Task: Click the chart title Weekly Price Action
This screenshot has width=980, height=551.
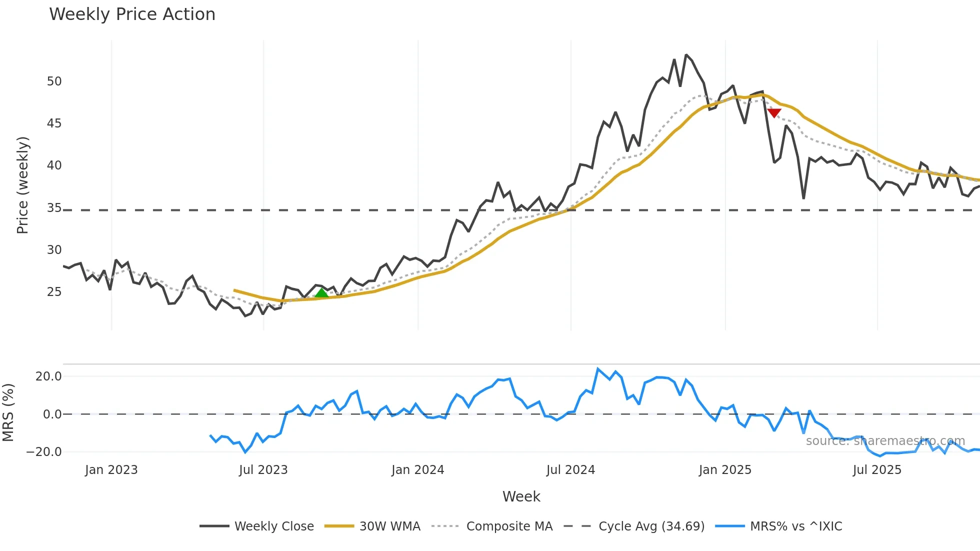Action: pos(132,14)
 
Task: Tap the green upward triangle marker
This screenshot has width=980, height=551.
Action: pos(321,293)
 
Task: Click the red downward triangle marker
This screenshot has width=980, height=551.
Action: pos(774,113)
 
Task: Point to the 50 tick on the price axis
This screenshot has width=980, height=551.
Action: pos(54,81)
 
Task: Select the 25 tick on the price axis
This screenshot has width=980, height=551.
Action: pos(54,291)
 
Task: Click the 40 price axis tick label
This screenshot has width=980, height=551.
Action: pos(54,165)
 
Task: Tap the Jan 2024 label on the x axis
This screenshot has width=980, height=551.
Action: pos(417,470)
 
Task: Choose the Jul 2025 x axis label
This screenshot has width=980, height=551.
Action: pos(877,470)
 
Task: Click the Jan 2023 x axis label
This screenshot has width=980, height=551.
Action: pos(111,470)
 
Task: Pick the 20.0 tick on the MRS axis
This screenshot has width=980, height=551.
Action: pos(48,376)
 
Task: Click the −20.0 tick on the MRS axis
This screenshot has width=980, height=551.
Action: pos(44,452)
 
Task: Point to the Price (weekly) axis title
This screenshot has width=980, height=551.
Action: pos(23,185)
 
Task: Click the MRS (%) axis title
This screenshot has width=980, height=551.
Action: pos(8,412)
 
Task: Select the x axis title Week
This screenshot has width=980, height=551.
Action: pos(521,496)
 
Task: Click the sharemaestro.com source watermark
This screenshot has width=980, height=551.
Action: pos(885,441)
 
